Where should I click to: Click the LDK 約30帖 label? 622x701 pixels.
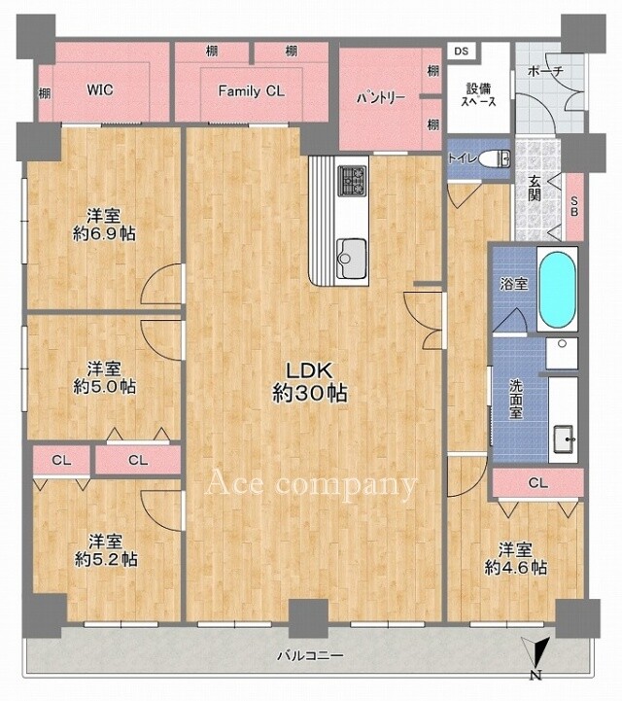[310, 382]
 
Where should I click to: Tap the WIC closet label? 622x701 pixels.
[100, 89]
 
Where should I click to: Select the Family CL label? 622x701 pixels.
[251, 91]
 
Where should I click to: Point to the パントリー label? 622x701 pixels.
[381, 97]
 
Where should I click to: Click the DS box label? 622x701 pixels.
[461, 51]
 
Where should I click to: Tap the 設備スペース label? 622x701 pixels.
[478, 94]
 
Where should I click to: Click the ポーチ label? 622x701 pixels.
[545, 71]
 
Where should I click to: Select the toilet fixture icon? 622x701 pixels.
[495, 158]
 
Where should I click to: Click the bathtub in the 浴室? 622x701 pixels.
[557, 290]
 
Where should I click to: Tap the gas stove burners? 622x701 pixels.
[353, 180]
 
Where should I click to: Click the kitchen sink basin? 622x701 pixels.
[351, 258]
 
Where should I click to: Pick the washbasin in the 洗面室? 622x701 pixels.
[564, 439]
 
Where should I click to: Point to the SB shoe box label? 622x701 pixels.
[574, 207]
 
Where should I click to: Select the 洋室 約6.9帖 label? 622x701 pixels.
[104, 225]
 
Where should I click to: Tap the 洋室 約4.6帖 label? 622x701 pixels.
[516, 559]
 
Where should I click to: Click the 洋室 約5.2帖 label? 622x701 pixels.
[106, 550]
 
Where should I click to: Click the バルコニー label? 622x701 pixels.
[311, 656]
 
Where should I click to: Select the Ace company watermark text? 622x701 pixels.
[311, 484]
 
